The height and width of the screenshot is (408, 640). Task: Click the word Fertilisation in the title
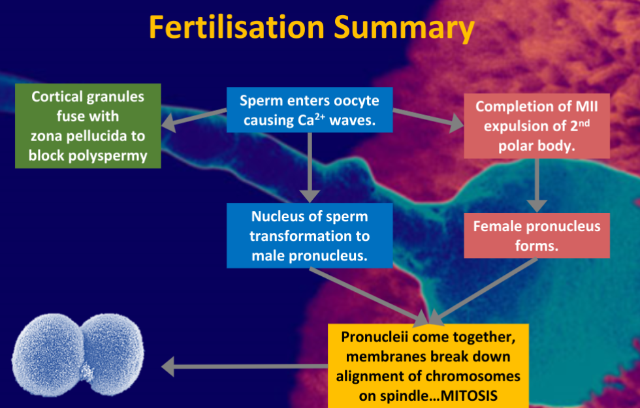pyautogui.click(x=236, y=27)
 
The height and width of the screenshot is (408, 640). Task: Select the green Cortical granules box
pyautogui.click(x=88, y=126)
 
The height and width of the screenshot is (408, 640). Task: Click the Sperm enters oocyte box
pyautogui.click(x=310, y=110)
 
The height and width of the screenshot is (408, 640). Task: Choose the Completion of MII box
pyautogui.click(x=537, y=126)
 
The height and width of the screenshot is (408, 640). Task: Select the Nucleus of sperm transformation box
pyautogui.click(x=310, y=235)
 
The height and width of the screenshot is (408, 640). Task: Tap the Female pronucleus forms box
pyautogui.click(x=537, y=235)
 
